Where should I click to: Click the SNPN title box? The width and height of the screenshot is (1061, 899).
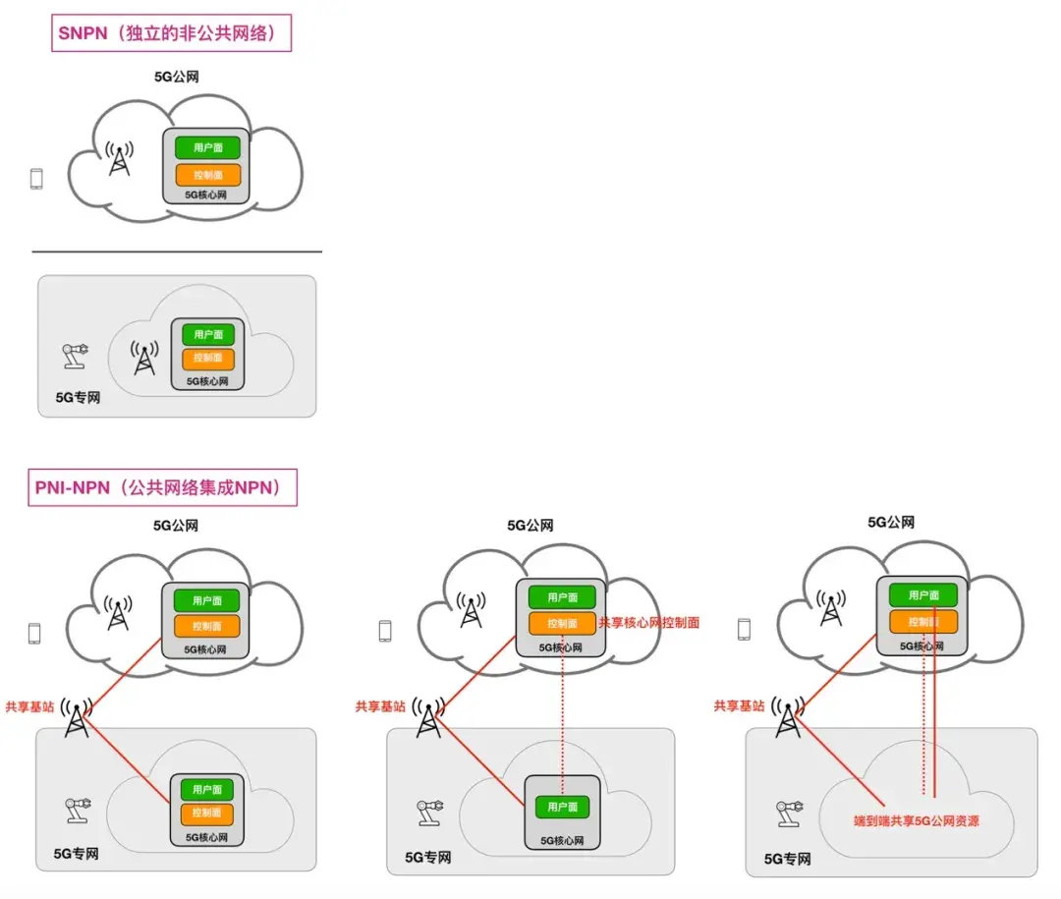(171, 33)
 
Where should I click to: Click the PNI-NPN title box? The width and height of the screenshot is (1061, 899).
(162, 487)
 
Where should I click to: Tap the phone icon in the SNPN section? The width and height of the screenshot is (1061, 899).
(36, 179)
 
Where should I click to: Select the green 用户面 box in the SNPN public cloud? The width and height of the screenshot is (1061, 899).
(207, 147)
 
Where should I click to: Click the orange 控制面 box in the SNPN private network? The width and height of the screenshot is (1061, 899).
(207, 358)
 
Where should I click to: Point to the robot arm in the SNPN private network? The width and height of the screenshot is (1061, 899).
(75, 356)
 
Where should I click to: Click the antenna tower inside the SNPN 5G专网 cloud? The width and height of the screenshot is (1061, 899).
(144, 358)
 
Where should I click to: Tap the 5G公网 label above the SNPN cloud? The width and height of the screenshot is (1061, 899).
(177, 77)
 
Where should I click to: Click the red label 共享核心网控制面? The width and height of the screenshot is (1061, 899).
(649, 623)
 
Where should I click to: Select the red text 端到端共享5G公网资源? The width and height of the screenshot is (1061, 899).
(917, 821)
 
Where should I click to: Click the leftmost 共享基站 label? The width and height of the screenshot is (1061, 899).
(29, 706)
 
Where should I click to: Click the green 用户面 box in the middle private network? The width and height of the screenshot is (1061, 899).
(562, 807)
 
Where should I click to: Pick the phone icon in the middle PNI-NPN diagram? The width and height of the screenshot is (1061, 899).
(385, 631)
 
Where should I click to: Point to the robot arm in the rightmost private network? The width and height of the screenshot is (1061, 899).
(789, 814)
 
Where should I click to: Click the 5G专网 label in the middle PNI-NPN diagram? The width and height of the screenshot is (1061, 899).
(427, 858)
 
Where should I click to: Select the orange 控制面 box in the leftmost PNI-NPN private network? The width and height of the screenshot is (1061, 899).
(207, 813)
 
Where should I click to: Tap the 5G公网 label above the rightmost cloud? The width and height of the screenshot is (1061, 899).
(891, 523)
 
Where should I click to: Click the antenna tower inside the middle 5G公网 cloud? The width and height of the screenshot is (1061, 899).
(471, 609)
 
